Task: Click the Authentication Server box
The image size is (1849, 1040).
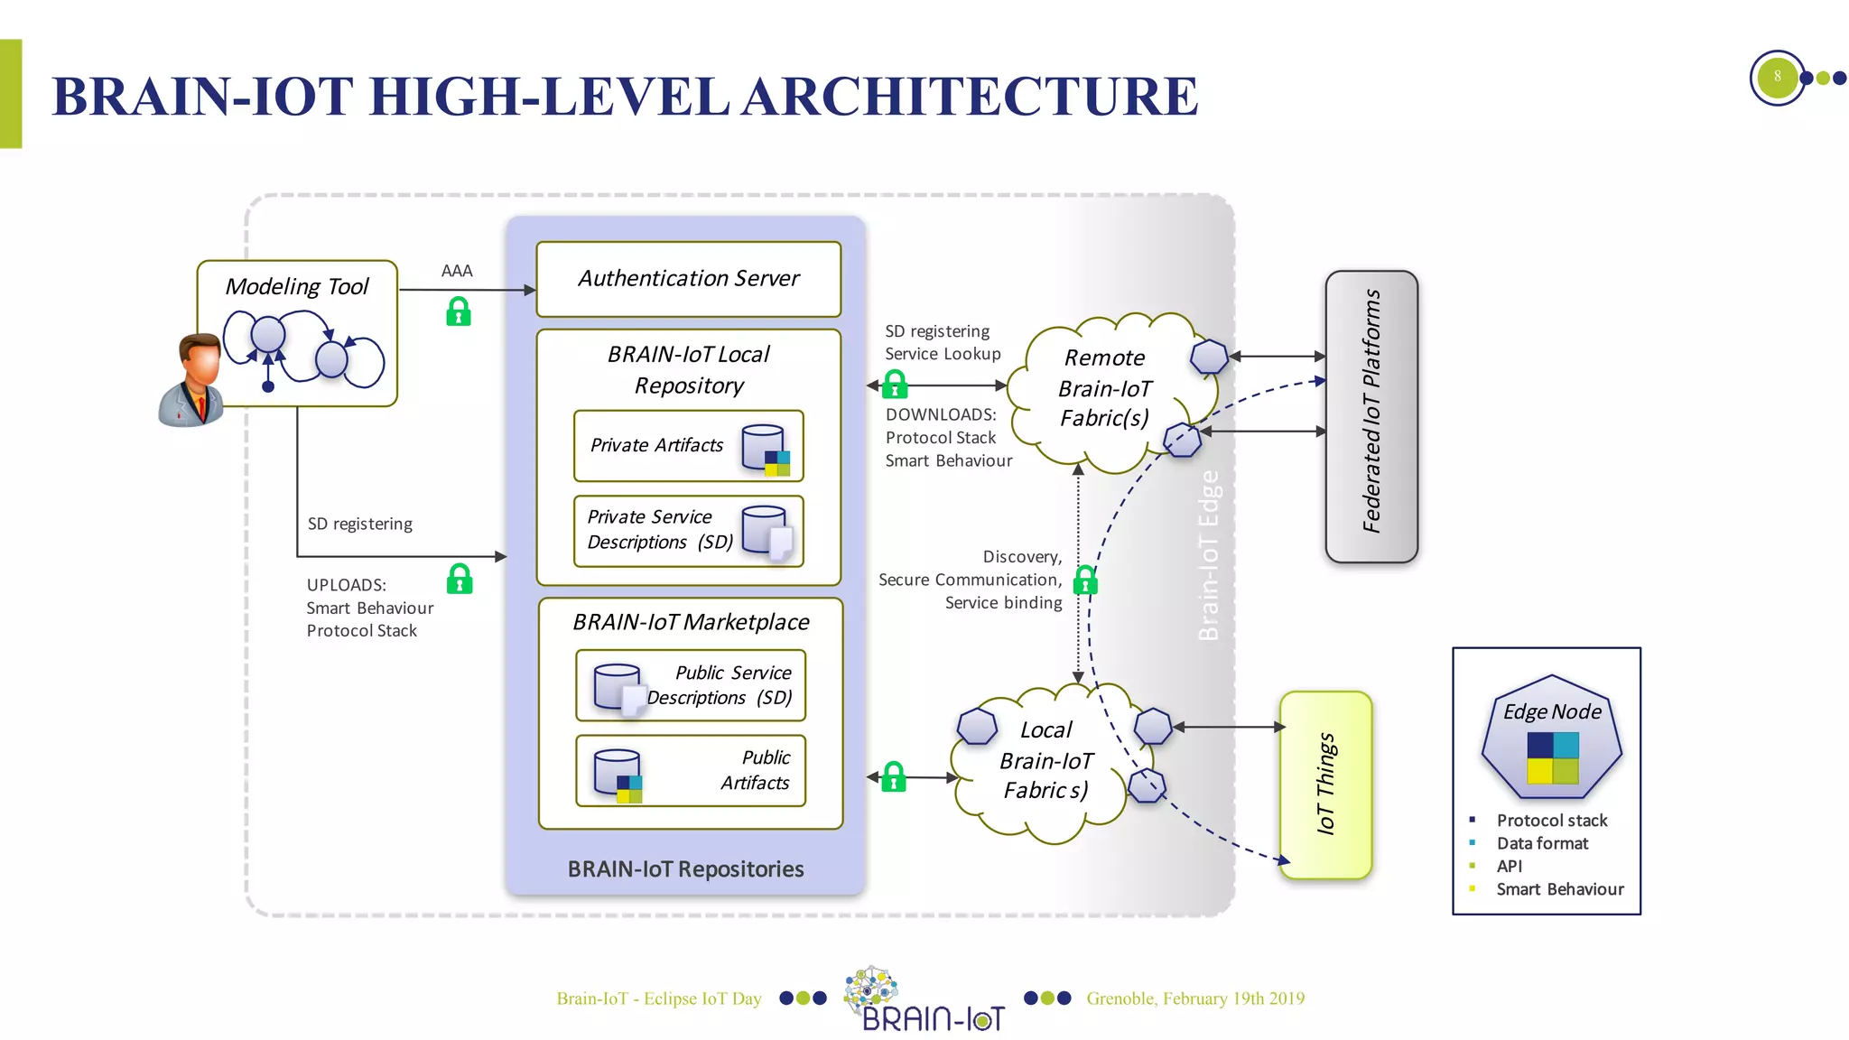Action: point(688,279)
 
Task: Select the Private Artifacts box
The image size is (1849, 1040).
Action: point(688,446)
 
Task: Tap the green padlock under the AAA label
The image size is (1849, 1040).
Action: point(459,311)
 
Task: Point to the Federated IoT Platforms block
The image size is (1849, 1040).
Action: point(1370,416)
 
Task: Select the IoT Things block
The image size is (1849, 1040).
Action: point(1325,785)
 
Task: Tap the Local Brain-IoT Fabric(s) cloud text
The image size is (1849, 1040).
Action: point(1045,760)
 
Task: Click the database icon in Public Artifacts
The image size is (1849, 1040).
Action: point(618,775)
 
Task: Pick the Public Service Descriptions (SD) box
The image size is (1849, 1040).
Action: point(691,685)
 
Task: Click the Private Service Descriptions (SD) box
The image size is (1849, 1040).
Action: point(688,531)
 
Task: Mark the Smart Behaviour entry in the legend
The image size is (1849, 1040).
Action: point(1559,889)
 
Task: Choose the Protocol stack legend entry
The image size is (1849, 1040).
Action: point(1551,821)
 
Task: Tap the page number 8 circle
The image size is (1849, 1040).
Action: point(1777,78)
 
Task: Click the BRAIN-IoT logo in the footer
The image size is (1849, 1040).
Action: point(925,999)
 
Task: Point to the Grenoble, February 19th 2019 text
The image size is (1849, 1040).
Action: point(1194,998)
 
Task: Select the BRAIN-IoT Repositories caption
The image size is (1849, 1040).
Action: point(685,869)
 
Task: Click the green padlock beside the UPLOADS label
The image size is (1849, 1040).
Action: point(460,579)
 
